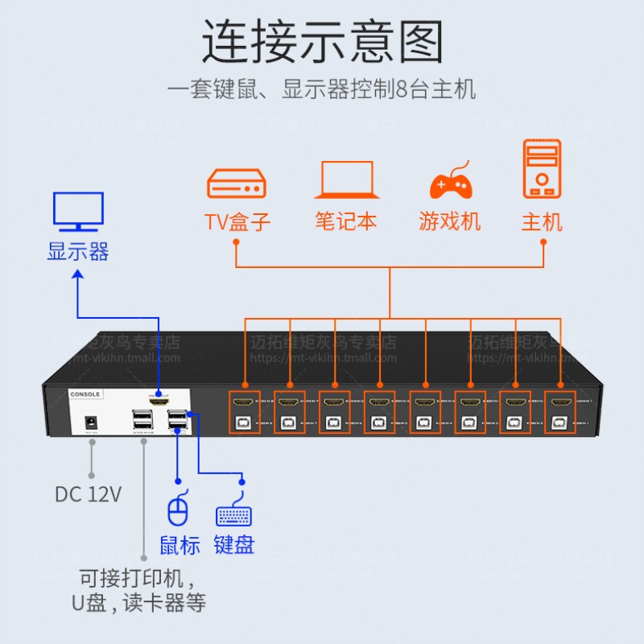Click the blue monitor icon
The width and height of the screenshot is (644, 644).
(78, 212)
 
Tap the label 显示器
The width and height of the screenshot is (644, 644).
(78, 251)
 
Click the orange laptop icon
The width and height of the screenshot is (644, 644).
(346, 180)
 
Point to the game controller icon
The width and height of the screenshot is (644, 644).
(450, 182)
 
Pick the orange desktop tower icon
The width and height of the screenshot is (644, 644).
(542, 169)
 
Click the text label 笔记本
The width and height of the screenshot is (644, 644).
(346, 221)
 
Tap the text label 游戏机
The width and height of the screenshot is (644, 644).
(450, 221)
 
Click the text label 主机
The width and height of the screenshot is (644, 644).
(542, 221)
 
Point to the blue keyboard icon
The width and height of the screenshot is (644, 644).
(234, 516)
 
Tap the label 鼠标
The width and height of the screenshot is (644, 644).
(180, 545)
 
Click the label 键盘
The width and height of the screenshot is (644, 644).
(234, 545)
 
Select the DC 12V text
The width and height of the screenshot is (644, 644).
(89, 493)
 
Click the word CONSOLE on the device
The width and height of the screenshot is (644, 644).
(85, 394)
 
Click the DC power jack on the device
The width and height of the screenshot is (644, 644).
(92, 421)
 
